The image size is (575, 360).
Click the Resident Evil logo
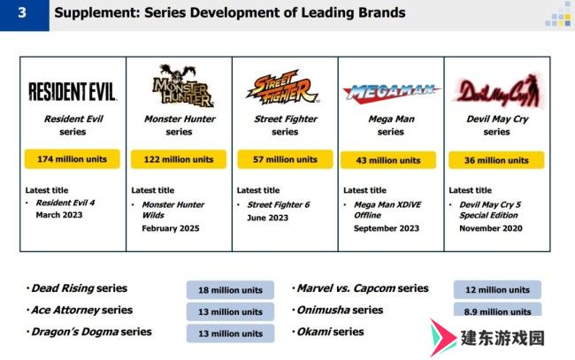point(73,91)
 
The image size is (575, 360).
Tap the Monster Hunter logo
point(182,86)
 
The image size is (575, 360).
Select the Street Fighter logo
point(283,87)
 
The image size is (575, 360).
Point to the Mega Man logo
point(391,92)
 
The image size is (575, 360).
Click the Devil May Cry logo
point(498,90)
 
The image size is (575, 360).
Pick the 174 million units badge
point(73,159)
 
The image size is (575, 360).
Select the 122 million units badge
point(179,159)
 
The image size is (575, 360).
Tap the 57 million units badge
point(285,159)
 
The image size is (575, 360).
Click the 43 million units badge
point(388,160)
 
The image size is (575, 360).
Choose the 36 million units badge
point(496,160)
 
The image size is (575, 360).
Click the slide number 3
point(22,13)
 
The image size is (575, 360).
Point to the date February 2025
point(171,228)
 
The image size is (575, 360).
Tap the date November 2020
point(491,228)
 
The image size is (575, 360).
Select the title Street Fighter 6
point(279,204)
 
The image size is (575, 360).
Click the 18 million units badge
point(230,290)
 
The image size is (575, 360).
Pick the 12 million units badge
point(497,289)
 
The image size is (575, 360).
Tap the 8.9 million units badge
point(497,310)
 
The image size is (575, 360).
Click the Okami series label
point(331,332)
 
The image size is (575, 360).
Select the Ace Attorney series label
point(81,310)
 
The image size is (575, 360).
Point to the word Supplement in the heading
point(96,13)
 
